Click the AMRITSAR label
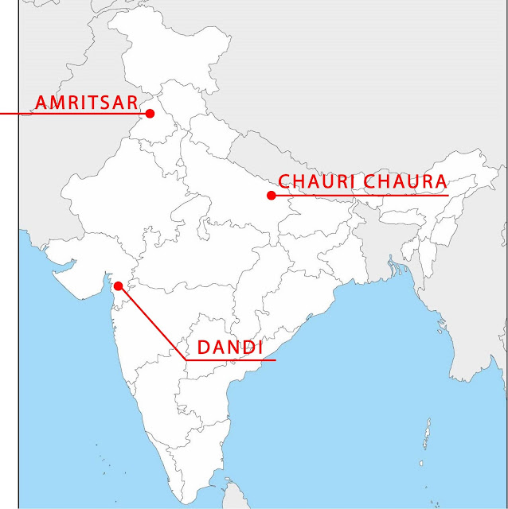86,102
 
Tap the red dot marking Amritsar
150,113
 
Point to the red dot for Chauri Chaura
272,195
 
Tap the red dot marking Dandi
118,286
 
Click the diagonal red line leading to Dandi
151,322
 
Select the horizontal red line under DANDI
231,360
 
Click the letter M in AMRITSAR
57,102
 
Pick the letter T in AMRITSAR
101,102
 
